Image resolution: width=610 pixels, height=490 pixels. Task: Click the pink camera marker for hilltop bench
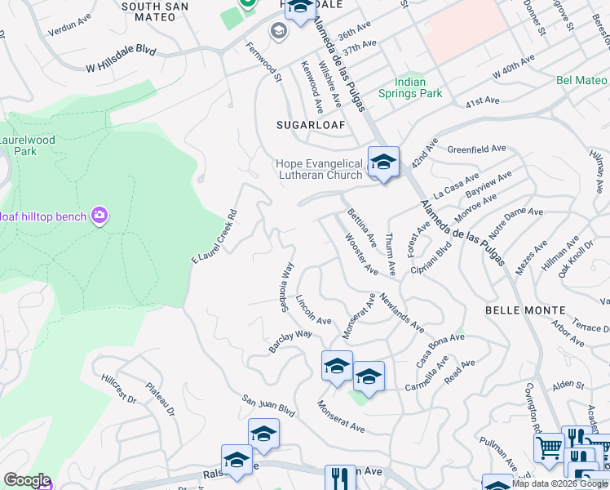[99, 216]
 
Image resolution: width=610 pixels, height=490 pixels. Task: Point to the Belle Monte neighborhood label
[524, 310]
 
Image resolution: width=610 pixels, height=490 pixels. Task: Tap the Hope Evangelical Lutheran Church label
[319, 170]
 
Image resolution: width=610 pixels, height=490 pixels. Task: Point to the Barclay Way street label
[291, 341]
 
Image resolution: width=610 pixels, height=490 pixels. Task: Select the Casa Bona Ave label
[434, 350]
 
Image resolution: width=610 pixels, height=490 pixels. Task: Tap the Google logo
[27, 480]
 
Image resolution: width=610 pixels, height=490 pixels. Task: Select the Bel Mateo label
[581, 80]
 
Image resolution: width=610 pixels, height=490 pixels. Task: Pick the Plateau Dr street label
[161, 399]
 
